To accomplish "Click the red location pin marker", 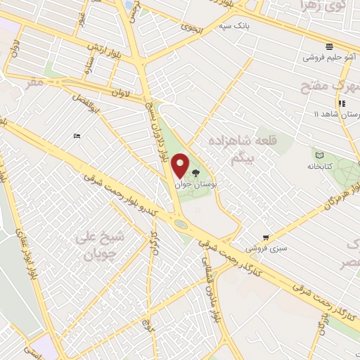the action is (x=181, y=166).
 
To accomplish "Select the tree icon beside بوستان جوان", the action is (x=196, y=172).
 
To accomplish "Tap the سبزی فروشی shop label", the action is (x=265, y=248).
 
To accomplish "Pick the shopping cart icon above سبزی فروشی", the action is (x=266, y=237).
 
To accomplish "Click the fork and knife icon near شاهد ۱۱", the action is (x=341, y=103).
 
